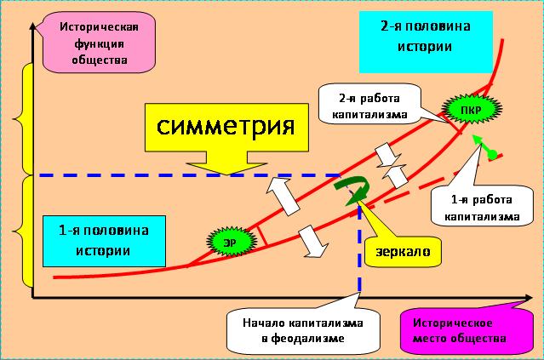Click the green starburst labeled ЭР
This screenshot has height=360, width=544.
pos(230,242)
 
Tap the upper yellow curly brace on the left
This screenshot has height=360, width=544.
pos(28,118)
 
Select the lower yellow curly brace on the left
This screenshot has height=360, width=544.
pos(28,230)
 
